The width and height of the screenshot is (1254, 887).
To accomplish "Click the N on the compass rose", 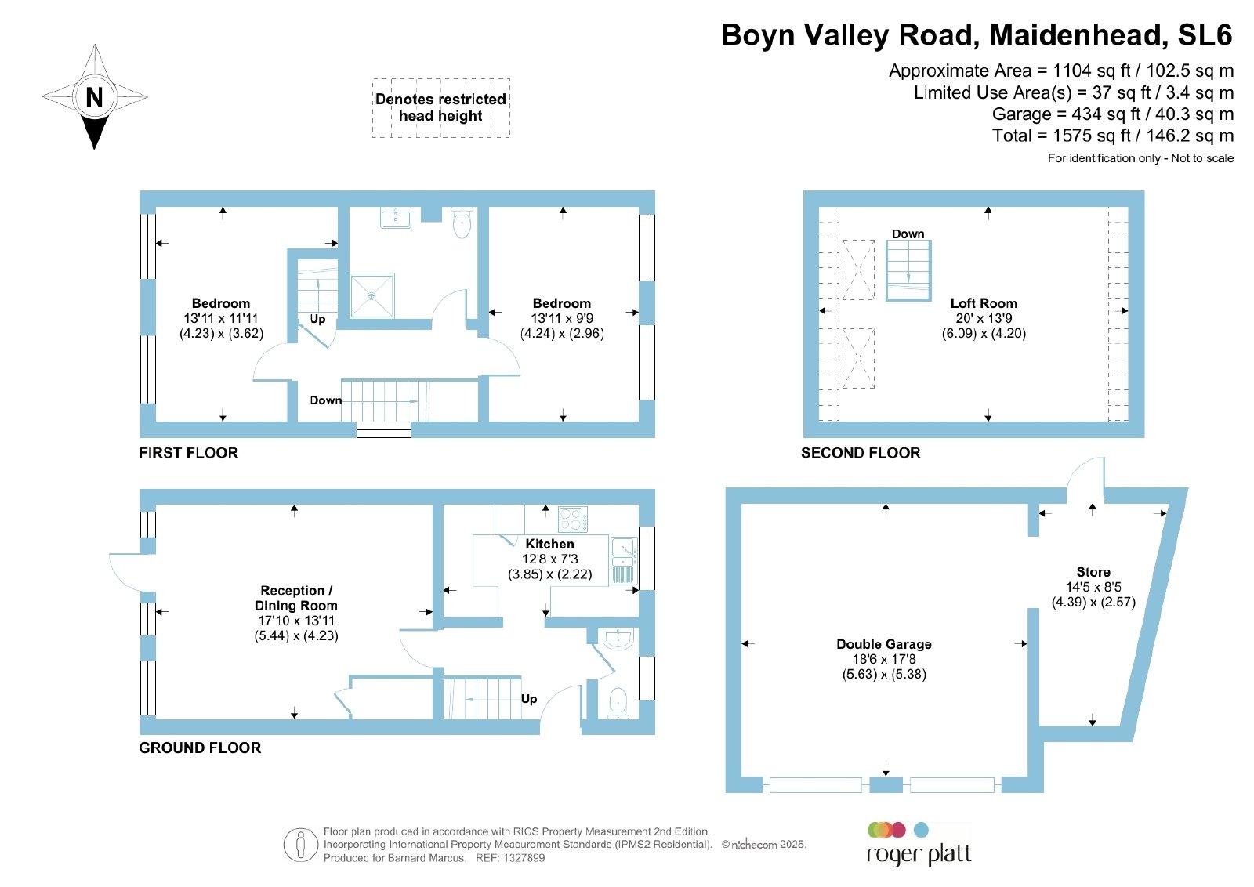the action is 95,97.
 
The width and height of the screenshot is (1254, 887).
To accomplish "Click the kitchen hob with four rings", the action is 573,519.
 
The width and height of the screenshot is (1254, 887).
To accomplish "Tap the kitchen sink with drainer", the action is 624,561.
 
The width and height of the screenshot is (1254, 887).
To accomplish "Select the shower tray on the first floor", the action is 372,295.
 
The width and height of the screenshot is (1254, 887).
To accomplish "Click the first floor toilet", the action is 462,223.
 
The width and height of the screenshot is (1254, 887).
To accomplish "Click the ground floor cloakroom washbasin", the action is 618,639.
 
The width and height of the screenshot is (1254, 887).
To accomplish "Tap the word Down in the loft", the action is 908,234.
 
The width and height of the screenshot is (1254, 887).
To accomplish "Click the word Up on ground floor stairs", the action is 529,699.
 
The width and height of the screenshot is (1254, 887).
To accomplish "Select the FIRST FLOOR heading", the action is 189,453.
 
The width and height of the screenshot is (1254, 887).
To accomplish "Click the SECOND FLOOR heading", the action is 861,453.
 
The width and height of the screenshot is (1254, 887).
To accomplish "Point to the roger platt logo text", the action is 919,855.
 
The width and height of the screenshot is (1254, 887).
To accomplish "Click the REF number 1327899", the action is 524,858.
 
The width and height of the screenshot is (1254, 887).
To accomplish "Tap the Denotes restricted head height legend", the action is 440,107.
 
